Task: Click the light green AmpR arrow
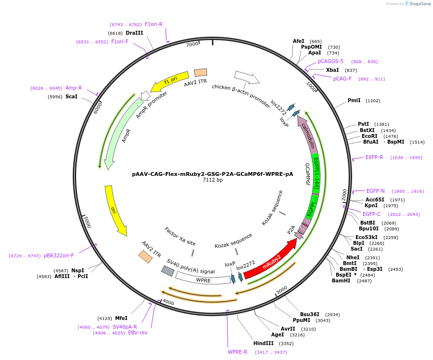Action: [x=119, y=135]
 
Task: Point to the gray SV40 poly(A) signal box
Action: [x=168, y=271]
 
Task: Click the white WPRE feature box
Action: [x=203, y=279]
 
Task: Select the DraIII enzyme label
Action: [x=134, y=33]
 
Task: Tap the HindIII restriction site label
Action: [x=263, y=343]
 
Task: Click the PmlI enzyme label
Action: [x=354, y=100]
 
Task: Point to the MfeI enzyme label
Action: [x=121, y=318]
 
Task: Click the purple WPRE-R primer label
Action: [x=237, y=352]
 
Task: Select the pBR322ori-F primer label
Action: [x=59, y=255]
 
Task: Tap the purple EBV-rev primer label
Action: [x=138, y=333]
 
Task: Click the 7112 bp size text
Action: [x=212, y=180]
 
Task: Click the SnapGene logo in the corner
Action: [x=417, y=4]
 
